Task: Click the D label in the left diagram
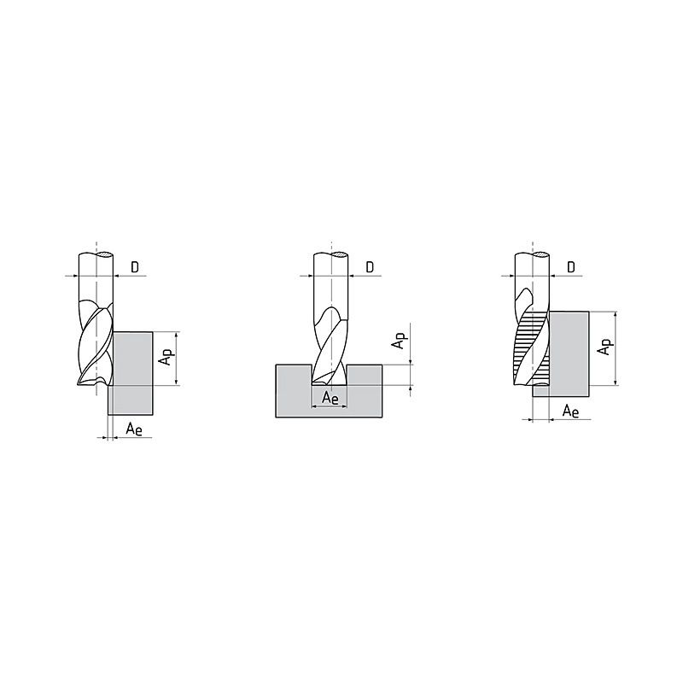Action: (x=135, y=267)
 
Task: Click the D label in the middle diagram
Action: (x=370, y=267)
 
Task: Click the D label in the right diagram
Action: (x=571, y=267)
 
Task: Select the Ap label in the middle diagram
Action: (x=399, y=341)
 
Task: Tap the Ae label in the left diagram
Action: (x=134, y=429)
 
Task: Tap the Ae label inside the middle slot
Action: (x=330, y=398)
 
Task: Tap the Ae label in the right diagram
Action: (x=570, y=411)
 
